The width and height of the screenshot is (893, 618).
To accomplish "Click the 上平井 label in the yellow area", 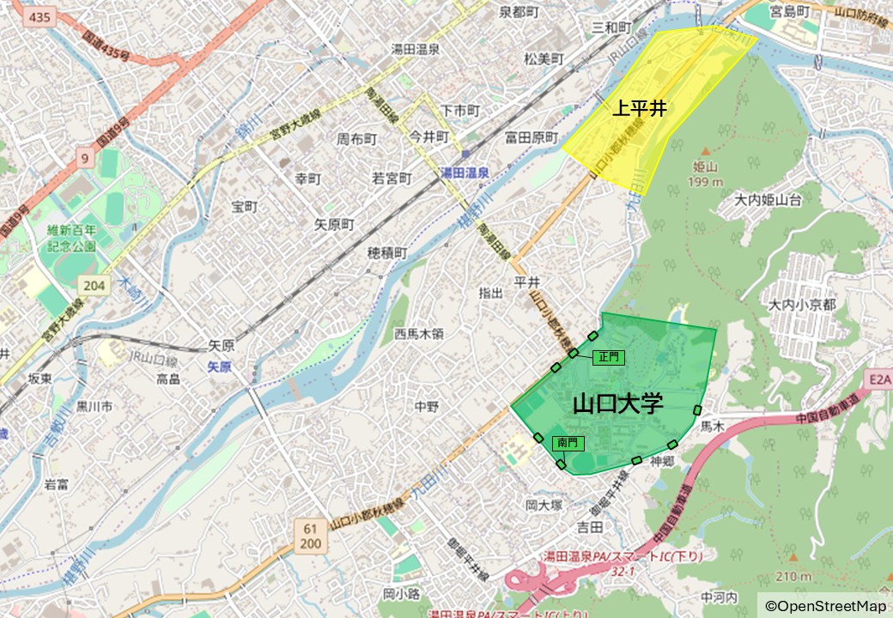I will tap(640, 109).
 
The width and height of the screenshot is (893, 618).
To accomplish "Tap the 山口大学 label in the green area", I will tap(618, 403).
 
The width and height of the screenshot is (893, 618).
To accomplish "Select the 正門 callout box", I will tap(609, 357).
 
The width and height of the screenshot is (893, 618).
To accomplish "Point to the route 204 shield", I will tap(95, 285).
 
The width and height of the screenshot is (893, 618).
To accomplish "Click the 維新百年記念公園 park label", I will tap(72, 238).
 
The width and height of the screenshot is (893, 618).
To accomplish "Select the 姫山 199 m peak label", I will tap(706, 174).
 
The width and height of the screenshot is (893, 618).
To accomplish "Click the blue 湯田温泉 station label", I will tap(465, 173).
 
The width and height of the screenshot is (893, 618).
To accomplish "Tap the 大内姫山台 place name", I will tap(768, 200).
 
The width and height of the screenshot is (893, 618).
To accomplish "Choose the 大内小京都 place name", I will tap(802, 305).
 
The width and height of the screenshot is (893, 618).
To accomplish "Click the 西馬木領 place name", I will tap(419, 333).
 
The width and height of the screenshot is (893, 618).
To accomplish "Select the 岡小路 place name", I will tap(401, 593).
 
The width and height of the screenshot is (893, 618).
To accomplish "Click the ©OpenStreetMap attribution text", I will tap(825, 606).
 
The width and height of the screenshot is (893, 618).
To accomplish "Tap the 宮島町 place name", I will tap(790, 12).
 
